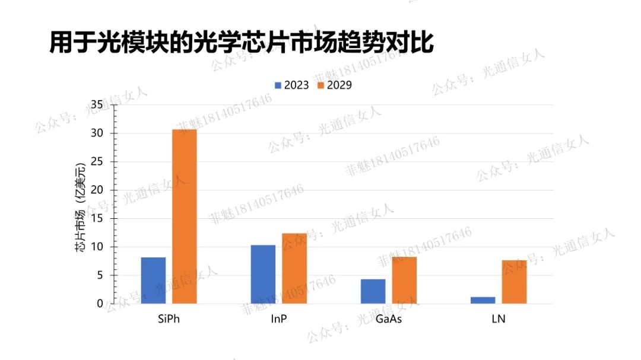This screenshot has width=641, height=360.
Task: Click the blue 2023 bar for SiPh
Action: (153, 281)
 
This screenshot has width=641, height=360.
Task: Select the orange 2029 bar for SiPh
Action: (185, 216)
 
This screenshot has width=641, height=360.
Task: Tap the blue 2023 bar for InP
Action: (263, 274)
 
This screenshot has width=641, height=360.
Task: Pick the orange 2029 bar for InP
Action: (294, 269)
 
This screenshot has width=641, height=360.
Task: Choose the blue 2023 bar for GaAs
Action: (373, 291)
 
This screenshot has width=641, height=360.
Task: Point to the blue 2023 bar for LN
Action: (483, 300)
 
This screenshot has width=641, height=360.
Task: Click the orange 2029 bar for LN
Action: (514, 282)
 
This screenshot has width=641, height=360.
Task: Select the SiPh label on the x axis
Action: (169, 318)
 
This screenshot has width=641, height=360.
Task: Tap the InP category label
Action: (279, 318)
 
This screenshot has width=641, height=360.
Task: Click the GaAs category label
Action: (389, 318)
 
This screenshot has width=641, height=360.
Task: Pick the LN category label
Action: (499, 318)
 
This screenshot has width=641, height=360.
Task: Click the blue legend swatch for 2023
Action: (278, 85)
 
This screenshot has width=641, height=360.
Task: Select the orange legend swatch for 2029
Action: (320, 85)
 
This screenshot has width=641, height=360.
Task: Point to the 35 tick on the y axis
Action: (97, 105)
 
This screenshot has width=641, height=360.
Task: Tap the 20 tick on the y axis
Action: (97, 190)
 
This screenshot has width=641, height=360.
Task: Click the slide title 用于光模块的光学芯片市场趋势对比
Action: (241, 43)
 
